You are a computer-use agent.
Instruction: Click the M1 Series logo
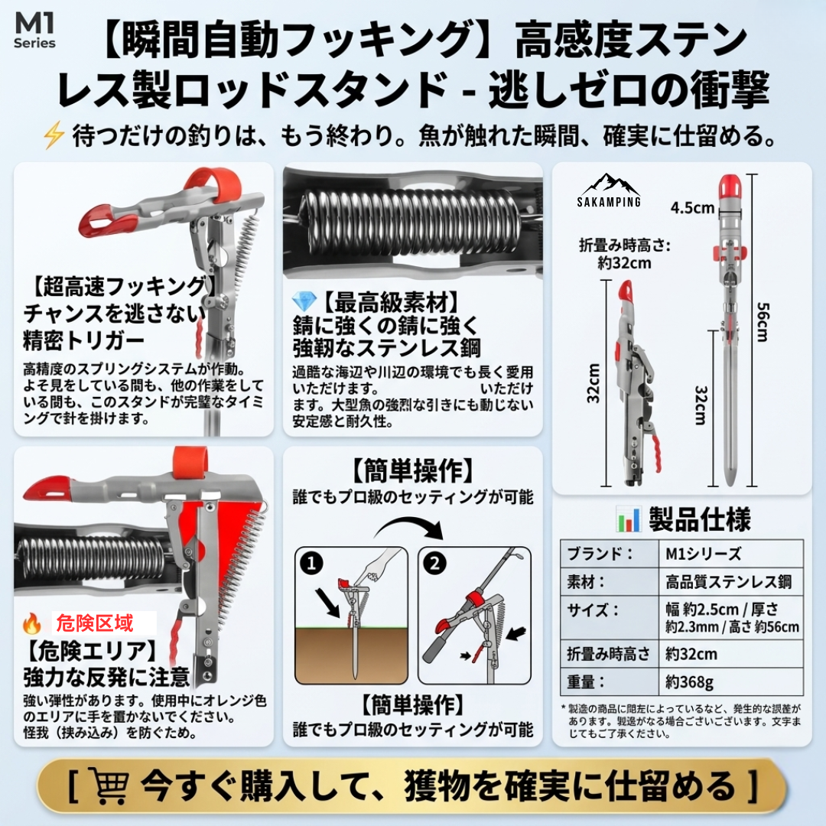coord(34,31)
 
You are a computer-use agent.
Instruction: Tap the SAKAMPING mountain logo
coord(610,190)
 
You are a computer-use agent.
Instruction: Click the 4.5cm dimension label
coord(692,207)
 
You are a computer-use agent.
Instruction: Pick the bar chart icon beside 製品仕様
coord(628,520)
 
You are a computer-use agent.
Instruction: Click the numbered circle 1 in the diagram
coord(310,564)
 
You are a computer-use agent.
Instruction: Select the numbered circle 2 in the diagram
coord(434,564)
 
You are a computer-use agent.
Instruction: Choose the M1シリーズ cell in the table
coord(698,554)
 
